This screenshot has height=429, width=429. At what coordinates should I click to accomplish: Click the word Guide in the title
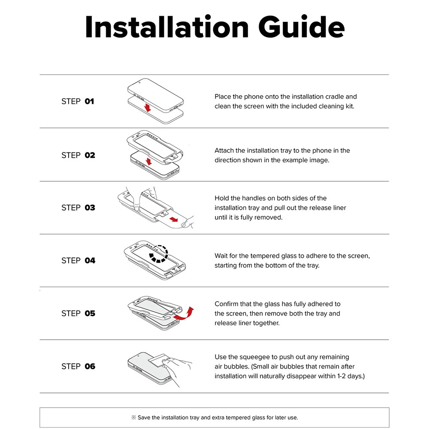(301, 27)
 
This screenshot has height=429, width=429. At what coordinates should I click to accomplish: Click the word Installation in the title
(167, 27)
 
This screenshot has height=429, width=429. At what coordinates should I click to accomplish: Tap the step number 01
(89, 101)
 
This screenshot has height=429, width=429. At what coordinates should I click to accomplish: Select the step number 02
(90, 155)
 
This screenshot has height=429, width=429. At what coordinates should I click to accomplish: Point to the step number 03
(90, 208)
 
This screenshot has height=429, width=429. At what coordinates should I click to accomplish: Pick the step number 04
(90, 260)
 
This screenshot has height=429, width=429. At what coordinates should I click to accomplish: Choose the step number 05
(90, 313)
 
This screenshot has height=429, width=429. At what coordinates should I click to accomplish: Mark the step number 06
(90, 366)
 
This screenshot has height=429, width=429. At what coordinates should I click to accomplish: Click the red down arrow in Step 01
(148, 108)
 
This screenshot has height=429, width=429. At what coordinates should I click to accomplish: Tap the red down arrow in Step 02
(148, 161)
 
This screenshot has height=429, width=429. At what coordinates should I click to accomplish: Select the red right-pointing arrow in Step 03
(174, 219)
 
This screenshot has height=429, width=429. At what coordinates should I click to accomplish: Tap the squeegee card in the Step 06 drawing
(158, 361)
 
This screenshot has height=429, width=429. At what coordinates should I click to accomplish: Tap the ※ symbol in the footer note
(133, 417)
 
